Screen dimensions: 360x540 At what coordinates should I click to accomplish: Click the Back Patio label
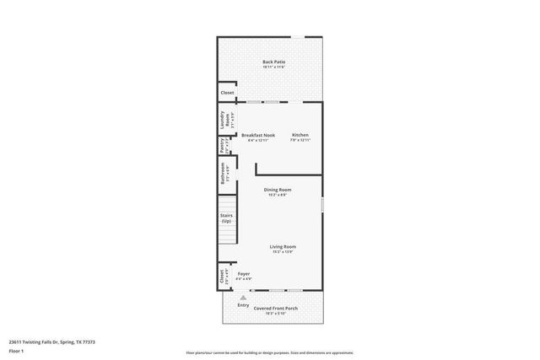[x=273, y=62]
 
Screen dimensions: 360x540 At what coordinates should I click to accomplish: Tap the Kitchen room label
[x=300, y=135]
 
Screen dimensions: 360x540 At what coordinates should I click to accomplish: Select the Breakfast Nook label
[x=258, y=135]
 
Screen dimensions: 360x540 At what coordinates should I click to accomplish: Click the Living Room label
[x=282, y=246]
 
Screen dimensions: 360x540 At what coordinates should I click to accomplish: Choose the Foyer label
[x=244, y=274]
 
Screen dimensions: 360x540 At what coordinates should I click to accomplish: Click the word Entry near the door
[x=243, y=305]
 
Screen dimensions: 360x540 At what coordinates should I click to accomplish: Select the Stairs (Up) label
[x=226, y=218]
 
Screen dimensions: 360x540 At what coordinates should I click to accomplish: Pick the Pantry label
[x=222, y=146]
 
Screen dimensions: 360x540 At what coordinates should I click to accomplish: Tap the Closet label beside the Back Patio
[x=227, y=93]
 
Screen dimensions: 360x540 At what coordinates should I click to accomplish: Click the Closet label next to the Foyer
[x=223, y=275]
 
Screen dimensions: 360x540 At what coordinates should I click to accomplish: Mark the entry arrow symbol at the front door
[x=243, y=298]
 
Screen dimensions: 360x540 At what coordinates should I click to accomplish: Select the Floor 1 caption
[x=16, y=352]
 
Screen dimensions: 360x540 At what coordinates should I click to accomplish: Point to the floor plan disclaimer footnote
[x=270, y=352]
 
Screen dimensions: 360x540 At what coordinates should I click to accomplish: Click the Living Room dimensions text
[x=282, y=252]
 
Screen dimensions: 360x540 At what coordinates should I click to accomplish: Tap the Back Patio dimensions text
[x=273, y=67]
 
